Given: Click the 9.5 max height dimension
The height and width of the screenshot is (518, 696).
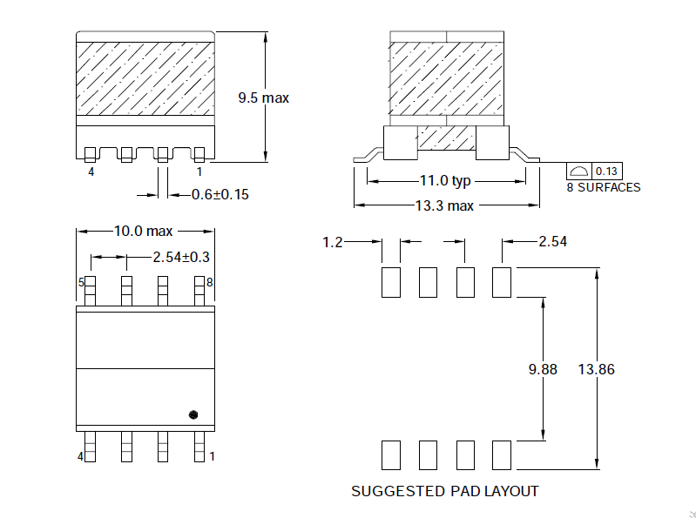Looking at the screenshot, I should [263, 98].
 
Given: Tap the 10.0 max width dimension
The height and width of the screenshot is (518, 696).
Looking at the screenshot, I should [144, 232].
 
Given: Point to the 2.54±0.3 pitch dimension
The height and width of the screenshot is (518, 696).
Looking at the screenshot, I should [181, 257].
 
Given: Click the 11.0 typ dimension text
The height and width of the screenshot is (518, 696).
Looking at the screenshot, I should [445, 181].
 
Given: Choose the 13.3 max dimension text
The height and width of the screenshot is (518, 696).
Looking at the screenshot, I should [445, 205].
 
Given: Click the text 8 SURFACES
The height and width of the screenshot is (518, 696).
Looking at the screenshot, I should [604, 187].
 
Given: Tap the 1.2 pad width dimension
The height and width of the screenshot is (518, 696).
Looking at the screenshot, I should [333, 242].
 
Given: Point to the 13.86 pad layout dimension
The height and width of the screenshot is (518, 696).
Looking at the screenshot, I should [596, 369].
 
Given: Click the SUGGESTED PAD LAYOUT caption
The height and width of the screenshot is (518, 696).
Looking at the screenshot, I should [444, 491].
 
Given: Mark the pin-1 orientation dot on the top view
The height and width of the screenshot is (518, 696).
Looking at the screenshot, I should [193, 414].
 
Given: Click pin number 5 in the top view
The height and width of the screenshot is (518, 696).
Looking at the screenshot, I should [81, 282].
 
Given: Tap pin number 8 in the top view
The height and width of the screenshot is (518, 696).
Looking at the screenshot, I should [210, 282].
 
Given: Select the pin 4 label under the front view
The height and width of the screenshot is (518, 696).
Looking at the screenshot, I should [91, 172].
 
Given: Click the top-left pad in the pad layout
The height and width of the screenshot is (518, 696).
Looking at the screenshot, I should [390, 282].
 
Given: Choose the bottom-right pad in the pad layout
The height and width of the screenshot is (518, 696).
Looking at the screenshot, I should [501, 454].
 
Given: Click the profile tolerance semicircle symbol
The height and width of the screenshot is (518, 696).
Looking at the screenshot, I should [579, 171].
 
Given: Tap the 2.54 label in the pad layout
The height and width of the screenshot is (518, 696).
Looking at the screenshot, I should [553, 242].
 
